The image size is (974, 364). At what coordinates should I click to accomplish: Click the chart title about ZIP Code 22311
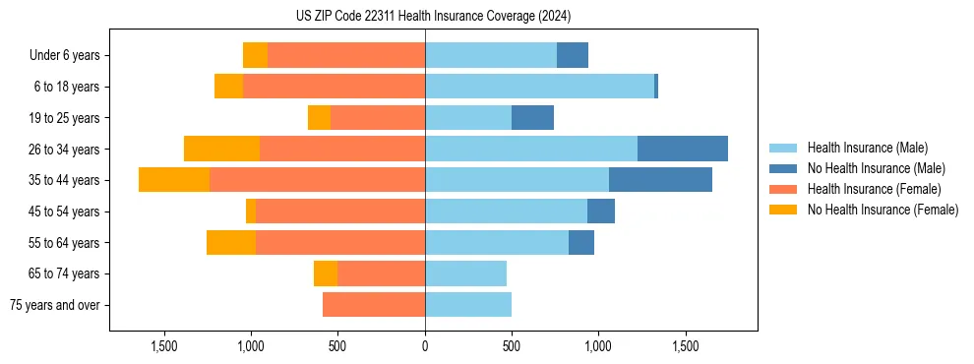point(433,16)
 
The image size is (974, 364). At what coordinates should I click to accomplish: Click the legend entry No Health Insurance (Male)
point(876,168)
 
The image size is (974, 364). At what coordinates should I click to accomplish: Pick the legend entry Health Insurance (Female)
point(874,189)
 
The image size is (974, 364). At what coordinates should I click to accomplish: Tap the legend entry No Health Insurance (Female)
point(883,210)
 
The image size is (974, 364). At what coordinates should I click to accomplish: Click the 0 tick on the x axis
point(425,346)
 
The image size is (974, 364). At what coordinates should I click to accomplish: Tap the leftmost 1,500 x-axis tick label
point(164,346)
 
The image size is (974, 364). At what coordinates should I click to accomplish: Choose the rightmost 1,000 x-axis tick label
point(598,346)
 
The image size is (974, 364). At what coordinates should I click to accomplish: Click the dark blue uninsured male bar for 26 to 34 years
point(683,149)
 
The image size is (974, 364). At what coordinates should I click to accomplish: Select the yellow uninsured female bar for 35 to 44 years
point(174,180)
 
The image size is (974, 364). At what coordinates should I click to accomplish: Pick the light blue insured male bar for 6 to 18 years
point(539,87)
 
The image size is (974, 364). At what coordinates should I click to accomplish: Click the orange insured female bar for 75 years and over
point(374,305)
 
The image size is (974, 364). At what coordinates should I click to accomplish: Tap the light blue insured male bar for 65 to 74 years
point(465,273)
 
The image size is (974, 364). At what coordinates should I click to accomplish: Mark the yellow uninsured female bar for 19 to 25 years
point(319,118)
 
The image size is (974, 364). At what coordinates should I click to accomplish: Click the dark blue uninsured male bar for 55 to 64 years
point(581,242)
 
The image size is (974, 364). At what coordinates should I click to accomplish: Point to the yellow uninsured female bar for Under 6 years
point(255,56)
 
